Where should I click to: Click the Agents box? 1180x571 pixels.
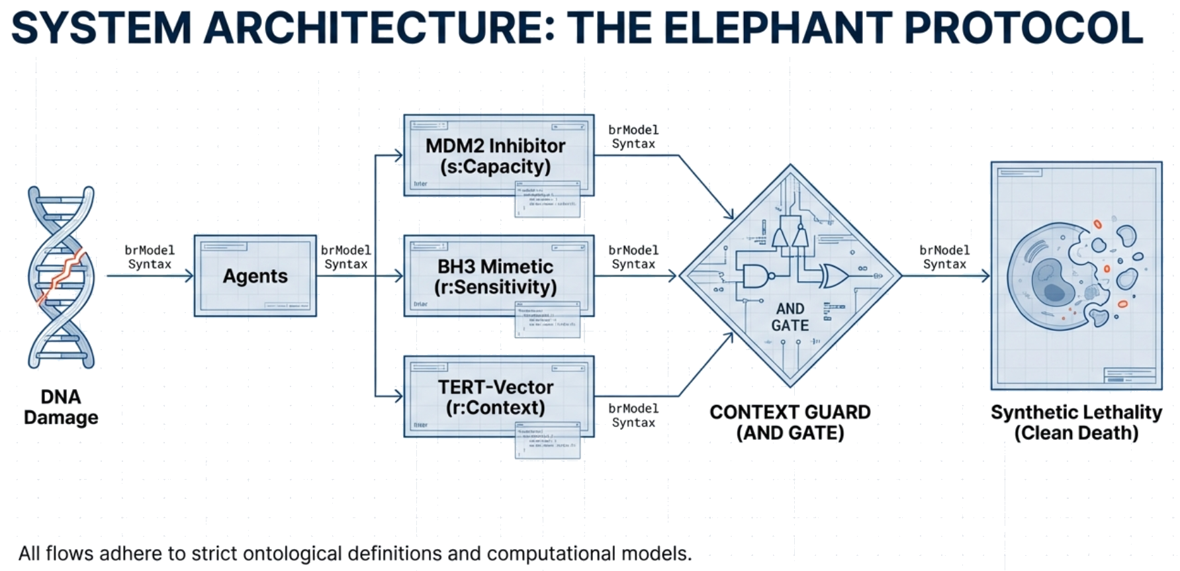click(255, 276)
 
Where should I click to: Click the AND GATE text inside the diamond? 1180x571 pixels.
click(790, 317)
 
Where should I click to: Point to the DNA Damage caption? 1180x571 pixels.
click(61, 407)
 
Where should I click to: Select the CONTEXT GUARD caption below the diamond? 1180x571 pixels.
click(790, 422)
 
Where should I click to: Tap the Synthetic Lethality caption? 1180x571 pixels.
click(1076, 422)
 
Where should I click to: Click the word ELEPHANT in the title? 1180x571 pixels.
click(777, 28)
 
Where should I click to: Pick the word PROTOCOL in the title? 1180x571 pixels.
click(1023, 28)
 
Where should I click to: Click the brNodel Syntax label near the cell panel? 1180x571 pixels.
click(944, 257)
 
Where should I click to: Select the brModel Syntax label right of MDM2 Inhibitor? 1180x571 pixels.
click(633, 136)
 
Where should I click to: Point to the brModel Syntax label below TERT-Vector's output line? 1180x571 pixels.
click(633, 416)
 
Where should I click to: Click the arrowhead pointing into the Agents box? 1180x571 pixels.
click(189, 276)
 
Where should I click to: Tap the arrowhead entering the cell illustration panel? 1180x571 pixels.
click(985, 276)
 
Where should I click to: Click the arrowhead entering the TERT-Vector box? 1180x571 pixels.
click(398, 396)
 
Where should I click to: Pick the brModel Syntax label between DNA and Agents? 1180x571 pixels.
click(150, 257)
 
